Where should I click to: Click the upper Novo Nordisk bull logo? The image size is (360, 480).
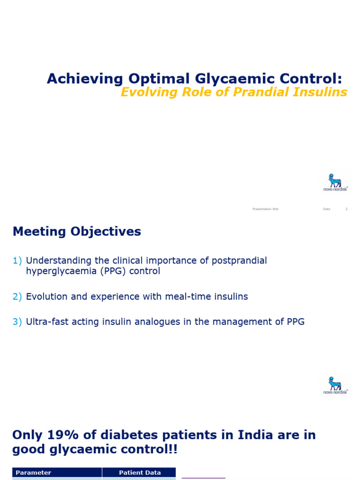tap(335, 182)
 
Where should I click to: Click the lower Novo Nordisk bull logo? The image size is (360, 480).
tap(335, 385)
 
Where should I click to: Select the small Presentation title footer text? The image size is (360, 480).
tap(265, 209)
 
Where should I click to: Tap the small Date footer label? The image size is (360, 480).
tap(326, 209)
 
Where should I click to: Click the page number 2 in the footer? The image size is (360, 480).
tap(346, 209)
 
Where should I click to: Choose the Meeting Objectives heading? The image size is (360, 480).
tap(77, 232)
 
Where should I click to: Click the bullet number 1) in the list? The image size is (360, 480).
tap(17, 261)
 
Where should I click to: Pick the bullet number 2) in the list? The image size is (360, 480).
tap(17, 297)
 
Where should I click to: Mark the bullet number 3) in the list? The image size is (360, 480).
tap(17, 322)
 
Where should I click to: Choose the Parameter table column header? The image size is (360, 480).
tap(33, 472)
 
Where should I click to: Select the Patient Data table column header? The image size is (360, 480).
tap(140, 472)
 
